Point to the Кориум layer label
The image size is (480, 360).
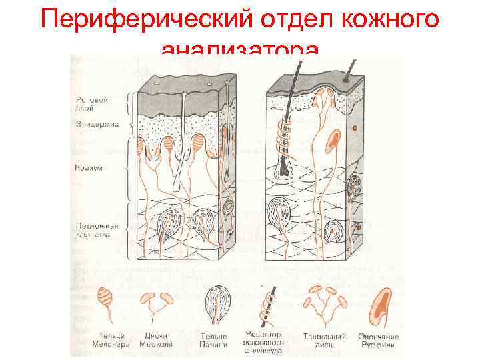coord(88,168)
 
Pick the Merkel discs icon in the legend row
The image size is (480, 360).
coord(157,303)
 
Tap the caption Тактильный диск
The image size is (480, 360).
coord(323,340)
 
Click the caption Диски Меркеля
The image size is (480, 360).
coord(155,340)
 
